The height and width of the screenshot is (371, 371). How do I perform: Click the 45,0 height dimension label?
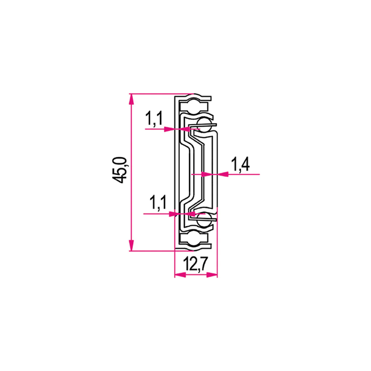click(120, 170)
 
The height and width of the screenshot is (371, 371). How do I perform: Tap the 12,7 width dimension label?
click(195, 264)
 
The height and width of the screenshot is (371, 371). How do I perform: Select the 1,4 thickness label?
click(240, 164)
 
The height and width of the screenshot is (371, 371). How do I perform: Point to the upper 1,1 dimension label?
click(154, 119)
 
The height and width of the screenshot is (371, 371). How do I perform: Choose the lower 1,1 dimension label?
click(158, 203)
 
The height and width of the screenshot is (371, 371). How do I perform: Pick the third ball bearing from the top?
click(204, 220)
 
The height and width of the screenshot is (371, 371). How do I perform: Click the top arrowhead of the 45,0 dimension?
click(131, 99)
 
